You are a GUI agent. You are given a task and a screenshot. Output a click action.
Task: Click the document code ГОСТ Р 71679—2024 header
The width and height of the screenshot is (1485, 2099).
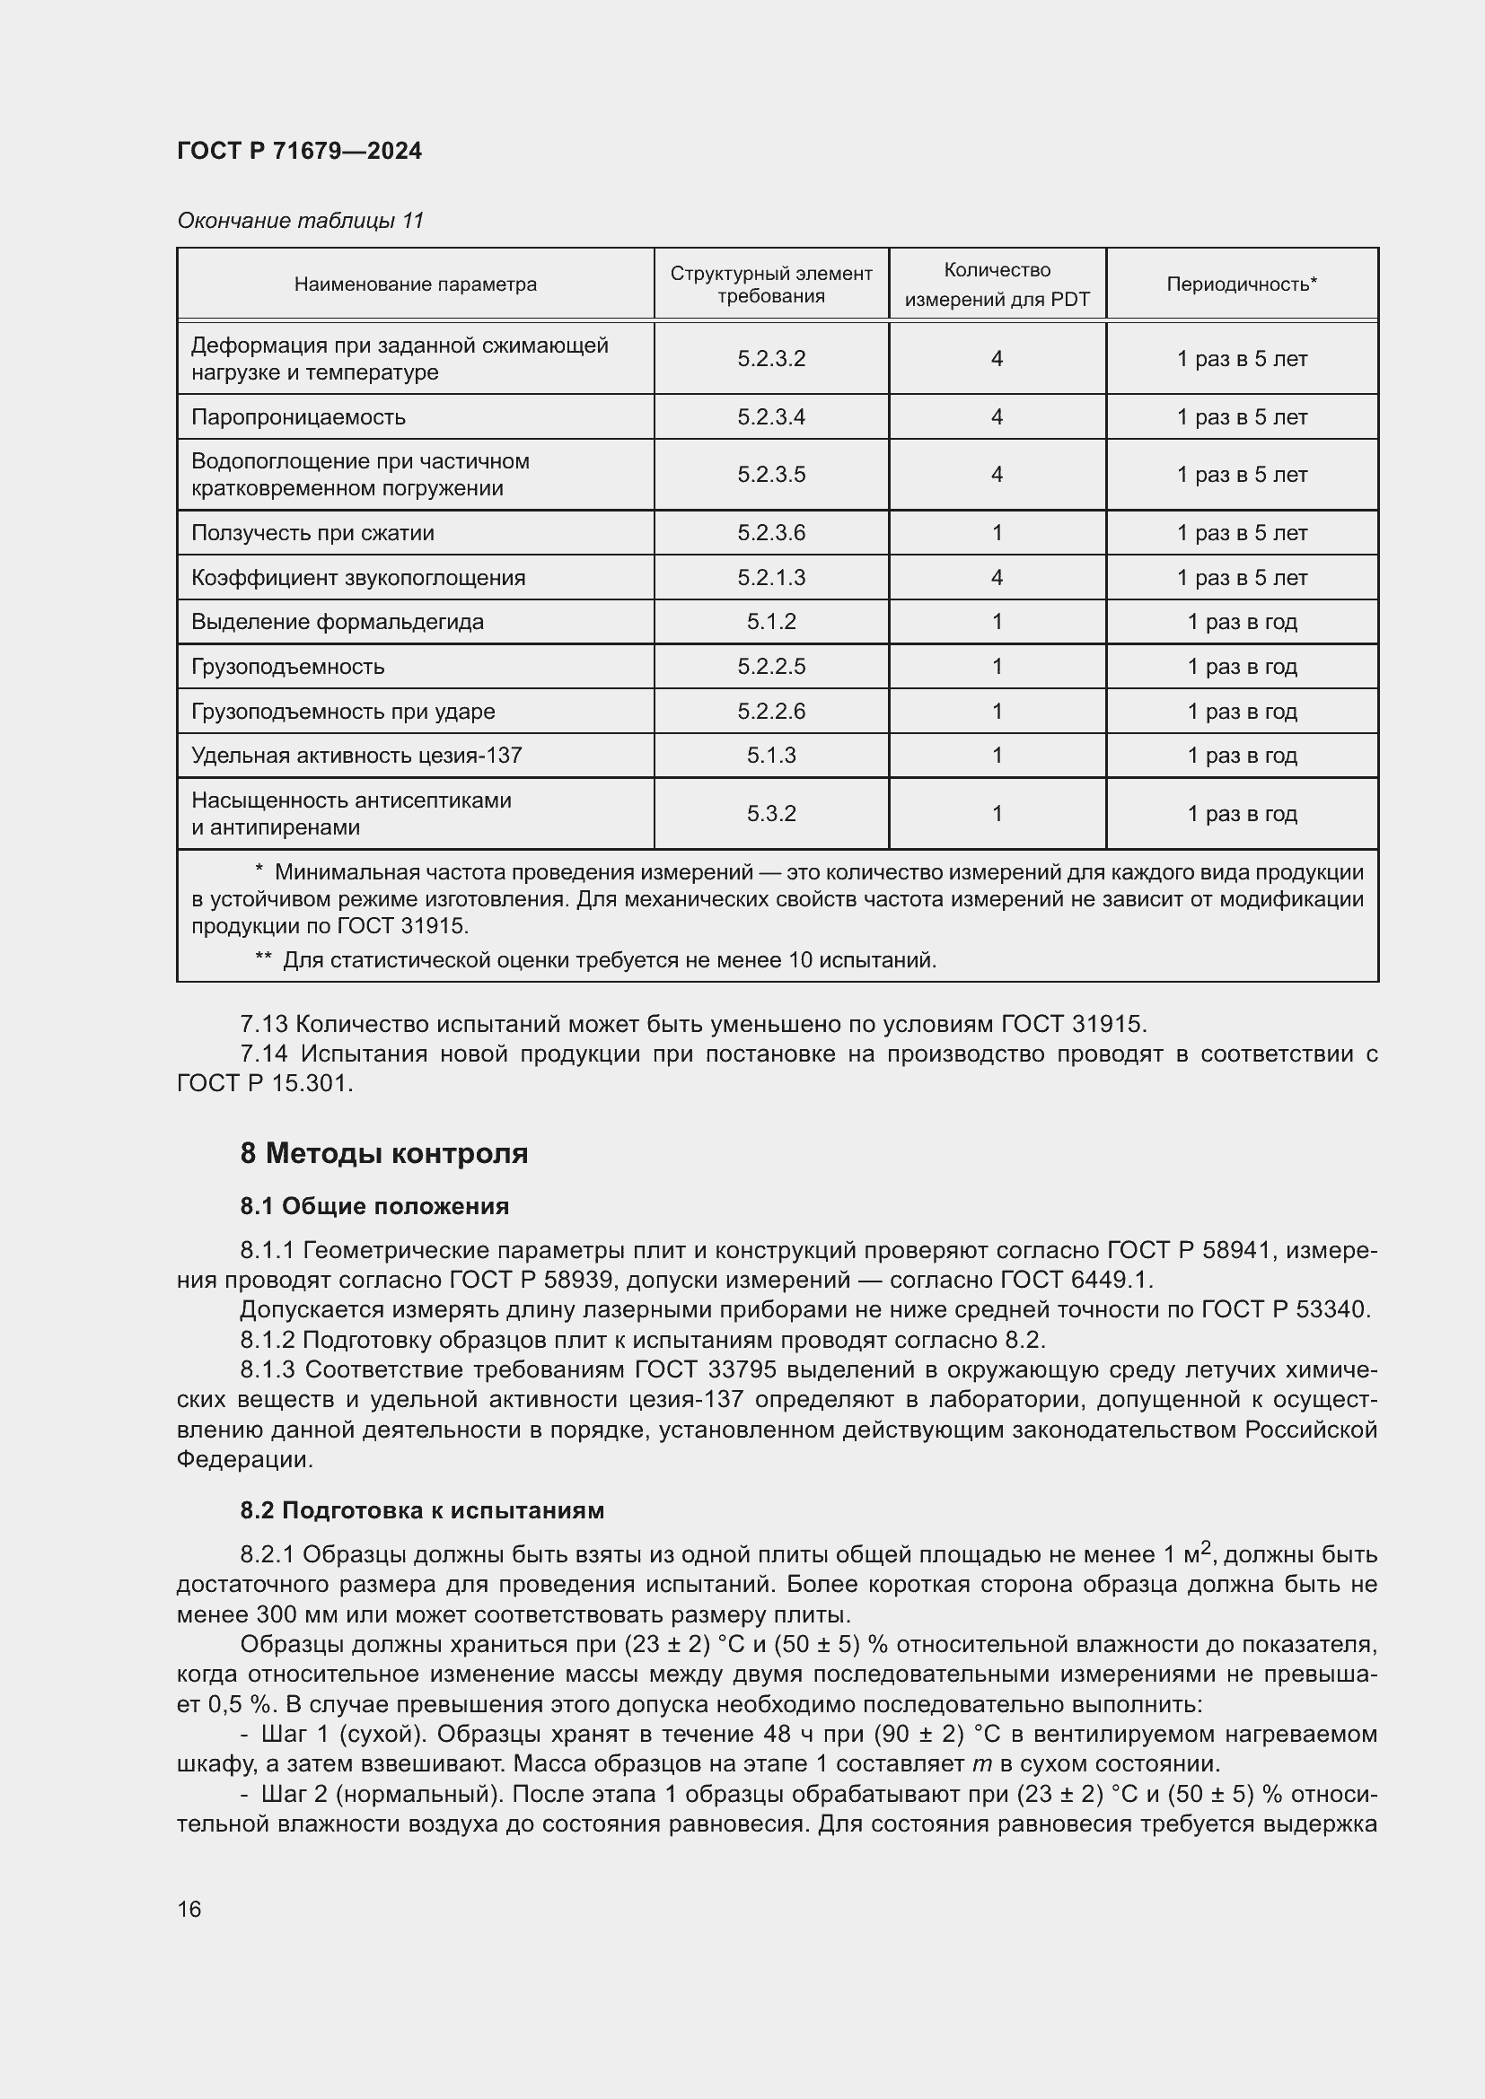tap(299, 151)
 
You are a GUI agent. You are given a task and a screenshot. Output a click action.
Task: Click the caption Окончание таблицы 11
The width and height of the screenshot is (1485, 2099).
tap(300, 221)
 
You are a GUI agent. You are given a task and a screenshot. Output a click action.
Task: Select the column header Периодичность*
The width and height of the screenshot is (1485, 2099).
tap(1241, 284)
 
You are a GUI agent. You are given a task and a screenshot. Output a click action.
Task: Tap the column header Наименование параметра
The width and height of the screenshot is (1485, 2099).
tap(415, 284)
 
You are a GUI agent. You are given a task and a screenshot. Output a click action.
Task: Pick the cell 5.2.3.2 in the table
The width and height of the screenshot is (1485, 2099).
tap(771, 358)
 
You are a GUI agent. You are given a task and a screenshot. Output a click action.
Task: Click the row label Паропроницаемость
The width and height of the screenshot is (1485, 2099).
tap(298, 417)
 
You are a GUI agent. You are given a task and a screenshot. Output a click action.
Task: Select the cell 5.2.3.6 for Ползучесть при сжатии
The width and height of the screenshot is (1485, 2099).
tap(771, 532)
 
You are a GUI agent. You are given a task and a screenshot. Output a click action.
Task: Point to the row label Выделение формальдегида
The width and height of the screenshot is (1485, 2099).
tap(337, 622)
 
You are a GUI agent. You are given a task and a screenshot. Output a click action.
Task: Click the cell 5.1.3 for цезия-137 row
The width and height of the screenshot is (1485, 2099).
tap(771, 755)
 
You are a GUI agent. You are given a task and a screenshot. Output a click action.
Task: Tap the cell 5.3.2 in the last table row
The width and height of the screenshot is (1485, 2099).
tap(771, 813)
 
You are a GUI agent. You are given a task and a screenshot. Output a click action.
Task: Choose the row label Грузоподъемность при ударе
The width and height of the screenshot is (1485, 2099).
tap(343, 711)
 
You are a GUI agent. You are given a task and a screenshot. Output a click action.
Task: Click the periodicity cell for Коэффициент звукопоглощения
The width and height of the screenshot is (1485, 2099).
tap(1241, 578)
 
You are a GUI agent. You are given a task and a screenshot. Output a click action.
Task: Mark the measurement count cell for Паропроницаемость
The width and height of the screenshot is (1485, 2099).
tap(997, 417)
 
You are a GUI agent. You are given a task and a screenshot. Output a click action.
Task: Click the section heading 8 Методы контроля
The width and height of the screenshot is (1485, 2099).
tap(384, 1153)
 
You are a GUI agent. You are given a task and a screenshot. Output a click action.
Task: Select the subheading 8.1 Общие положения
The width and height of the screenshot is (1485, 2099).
tap(374, 1206)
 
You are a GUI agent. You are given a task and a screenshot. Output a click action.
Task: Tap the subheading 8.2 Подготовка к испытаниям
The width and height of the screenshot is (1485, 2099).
tap(422, 1509)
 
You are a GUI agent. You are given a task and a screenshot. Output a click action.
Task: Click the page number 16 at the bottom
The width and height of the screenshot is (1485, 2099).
tap(189, 1909)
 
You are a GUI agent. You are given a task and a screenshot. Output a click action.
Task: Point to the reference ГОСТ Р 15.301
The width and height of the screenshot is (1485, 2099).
tap(264, 1083)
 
